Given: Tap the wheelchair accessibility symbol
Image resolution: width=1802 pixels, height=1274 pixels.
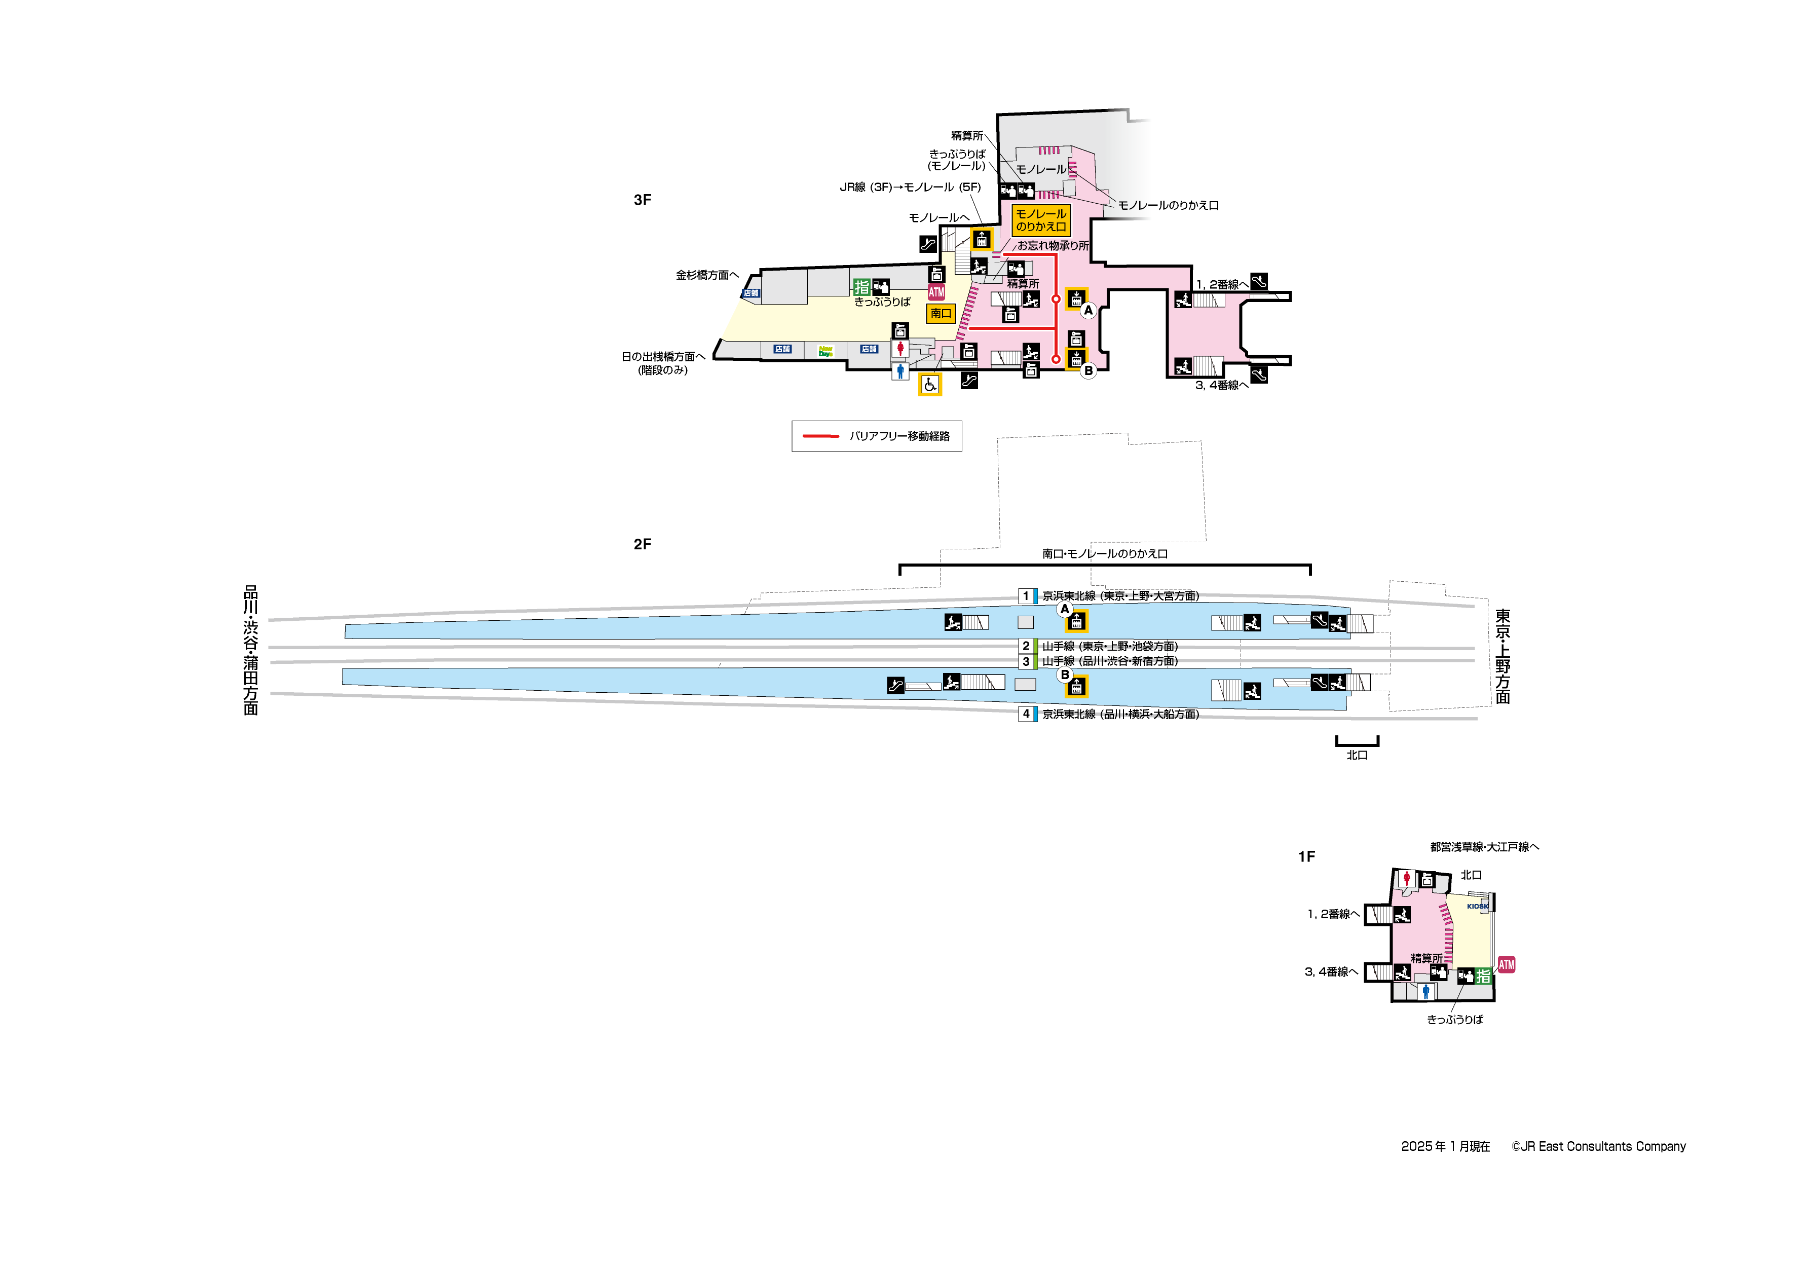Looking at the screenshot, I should (x=930, y=385).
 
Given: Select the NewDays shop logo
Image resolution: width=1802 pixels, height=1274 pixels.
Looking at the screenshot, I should (x=825, y=351).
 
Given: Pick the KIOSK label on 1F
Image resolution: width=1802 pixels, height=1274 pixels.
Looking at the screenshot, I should (x=1477, y=906).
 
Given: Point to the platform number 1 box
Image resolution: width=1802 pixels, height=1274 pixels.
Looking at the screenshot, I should (x=1026, y=596).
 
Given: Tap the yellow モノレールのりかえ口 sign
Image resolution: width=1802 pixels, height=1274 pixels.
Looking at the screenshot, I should (x=1041, y=220).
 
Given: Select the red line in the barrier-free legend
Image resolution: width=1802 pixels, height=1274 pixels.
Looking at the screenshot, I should (x=821, y=436).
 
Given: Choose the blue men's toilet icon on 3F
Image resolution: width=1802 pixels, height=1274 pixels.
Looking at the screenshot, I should (x=900, y=370).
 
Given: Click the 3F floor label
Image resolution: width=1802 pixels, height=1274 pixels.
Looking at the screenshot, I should (x=642, y=200).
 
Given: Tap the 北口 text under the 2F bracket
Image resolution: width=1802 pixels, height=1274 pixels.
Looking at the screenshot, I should (x=1357, y=755).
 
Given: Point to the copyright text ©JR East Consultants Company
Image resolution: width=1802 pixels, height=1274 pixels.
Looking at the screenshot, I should (x=1599, y=1147).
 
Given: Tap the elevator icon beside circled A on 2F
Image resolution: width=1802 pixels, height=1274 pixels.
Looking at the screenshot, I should (x=1076, y=622).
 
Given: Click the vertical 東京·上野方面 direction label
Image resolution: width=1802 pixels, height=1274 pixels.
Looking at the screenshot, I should (x=1502, y=656).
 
